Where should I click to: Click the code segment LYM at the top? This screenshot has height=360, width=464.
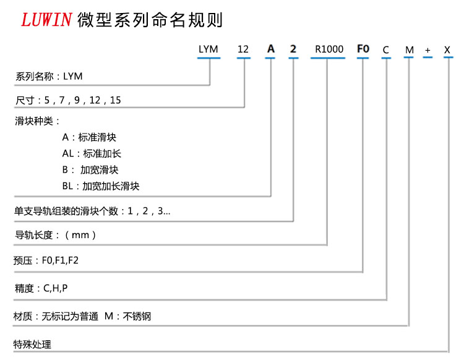[x=208, y=48]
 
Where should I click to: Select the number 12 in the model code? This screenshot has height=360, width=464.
[x=244, y=48]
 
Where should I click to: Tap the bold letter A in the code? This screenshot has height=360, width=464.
[x=270, y=48]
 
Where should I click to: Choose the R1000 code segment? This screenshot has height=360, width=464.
[x=327, y=48]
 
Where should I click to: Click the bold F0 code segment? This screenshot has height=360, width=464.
[x=363, y=48]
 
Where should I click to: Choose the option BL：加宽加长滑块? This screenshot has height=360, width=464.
[x=101, y=186]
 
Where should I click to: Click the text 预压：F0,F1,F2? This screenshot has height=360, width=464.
[x=46, y=261]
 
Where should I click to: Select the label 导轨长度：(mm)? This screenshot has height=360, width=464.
[x=55, y=235]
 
